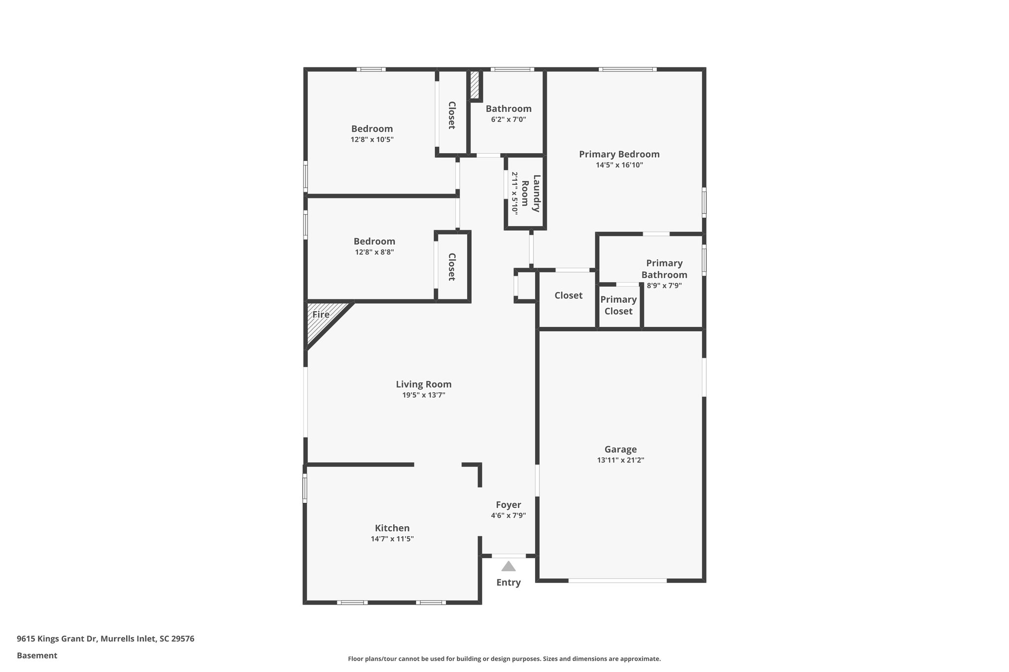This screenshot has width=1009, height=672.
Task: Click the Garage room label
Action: pyautogui.click(x=620, y=449)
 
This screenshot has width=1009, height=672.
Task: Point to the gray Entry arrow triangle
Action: pyautogui.click(x=508, y=567)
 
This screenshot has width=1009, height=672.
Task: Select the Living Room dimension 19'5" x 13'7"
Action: pyautogui.click(x=424, y=395)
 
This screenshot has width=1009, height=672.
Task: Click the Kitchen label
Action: pyautogui.click(x=392, y=528)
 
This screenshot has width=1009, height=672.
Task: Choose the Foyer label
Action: pyautogui.click(x=508, y=505)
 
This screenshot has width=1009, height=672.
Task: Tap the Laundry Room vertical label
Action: pyautogui.click(x=531, y=193)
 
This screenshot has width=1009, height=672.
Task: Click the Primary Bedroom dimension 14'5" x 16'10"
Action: pyautogui.click(x=619, y=165)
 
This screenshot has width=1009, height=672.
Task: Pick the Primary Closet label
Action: pyautogui.click(x=618, y=305)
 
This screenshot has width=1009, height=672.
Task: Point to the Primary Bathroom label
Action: pyautogui.click(x=664, y=269)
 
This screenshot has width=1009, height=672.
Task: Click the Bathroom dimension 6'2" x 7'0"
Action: pyautogui.click(x=508, y=119)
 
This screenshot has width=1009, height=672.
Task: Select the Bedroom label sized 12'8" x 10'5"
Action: pyautogui.click(x=372, y=128)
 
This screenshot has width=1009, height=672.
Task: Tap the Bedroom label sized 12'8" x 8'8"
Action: pyautogui.click(x=374, y=241)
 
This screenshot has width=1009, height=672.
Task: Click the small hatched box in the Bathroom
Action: pyautogui.click(x=474, y=85)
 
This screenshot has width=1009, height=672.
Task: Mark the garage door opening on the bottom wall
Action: pyautogui.click(x=618, y=580)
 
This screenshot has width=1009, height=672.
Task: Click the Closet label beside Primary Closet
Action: pyautogui.click(x=569, y=295)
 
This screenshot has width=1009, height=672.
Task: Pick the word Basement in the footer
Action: pyautogui.click(x=37, y=655)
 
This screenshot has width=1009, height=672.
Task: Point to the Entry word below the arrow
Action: pyautogui.click(x=508, y=582)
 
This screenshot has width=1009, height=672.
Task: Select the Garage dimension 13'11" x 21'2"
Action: pyautogui.click(x=620, y=460)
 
